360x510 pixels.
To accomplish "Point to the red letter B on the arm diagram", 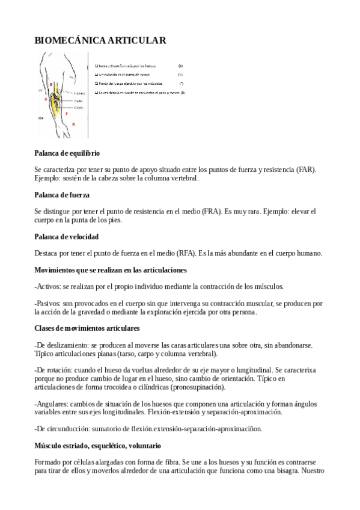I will point(52,84).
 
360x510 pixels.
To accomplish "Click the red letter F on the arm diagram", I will point(67,113).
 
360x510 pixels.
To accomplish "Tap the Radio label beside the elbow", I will point(78,100).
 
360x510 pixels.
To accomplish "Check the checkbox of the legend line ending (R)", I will point(97,93).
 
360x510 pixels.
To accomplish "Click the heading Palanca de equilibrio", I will point(67,154).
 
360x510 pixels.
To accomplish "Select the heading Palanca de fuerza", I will point(62,195).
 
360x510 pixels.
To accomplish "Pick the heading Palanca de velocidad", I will point(66,237).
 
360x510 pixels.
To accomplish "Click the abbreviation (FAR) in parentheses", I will point(310,170).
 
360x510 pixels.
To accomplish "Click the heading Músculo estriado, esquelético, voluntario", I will point(97,446).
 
